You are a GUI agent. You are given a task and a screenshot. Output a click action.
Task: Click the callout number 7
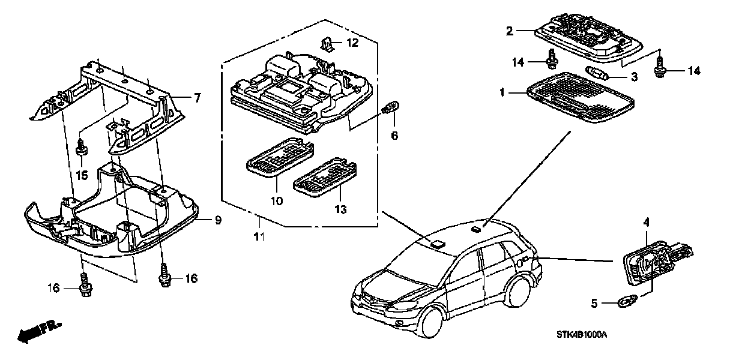click(197, 97)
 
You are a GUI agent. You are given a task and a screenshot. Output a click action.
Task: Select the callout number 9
click(219, 220)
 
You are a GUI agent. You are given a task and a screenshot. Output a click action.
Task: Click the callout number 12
click(352, 43)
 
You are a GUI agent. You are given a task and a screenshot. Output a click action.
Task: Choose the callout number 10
click(276, 201)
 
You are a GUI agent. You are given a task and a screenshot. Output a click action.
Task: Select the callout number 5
click(594, 304)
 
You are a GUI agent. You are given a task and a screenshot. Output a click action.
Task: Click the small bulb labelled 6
click(390, 109)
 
